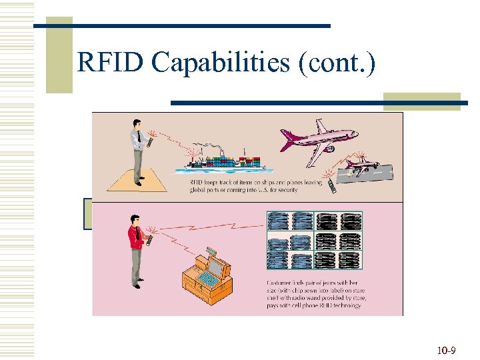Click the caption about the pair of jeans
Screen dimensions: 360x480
(313, 293)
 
